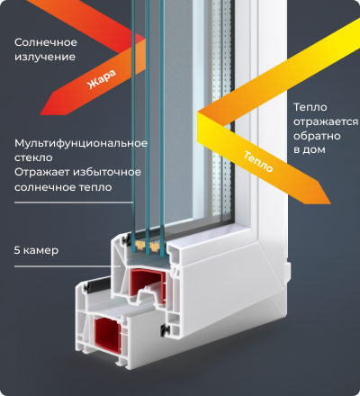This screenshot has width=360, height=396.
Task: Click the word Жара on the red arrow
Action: coord(102,79)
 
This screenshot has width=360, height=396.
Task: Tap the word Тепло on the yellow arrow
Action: coord(258,162)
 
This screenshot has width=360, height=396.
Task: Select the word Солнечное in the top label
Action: coord(46,42)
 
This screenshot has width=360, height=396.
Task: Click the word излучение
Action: coord(45,57)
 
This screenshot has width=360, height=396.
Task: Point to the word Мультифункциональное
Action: coord(81,143)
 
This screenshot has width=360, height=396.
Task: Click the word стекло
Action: coord(33,157)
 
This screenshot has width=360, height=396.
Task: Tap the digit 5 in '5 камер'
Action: coord(17,250)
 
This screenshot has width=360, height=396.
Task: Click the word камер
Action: coord(40,251)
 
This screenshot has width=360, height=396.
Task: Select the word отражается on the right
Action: coord(326,122)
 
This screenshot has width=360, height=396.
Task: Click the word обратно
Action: coord(317,136)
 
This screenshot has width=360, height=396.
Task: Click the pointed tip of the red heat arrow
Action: coord(40,114)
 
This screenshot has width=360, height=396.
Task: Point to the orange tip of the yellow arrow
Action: coord(330,203)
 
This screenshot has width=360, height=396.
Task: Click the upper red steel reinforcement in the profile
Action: coord(148,286)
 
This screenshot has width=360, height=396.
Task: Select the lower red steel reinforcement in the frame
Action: coord(108,336)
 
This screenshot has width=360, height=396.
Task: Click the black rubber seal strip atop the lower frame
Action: coord(98,285)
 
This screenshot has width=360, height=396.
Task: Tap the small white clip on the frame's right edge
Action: coord(288,272)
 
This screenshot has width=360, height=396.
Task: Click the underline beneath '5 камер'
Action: coord(67,266)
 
